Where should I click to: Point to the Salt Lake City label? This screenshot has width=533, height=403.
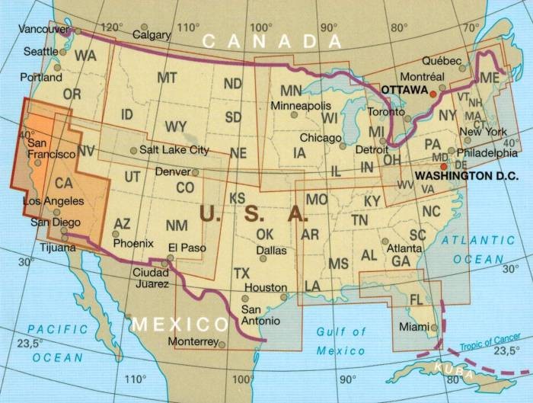coord(174,150)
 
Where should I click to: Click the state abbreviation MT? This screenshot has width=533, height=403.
coord(166,78)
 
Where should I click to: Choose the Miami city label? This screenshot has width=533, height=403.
coord(413,327)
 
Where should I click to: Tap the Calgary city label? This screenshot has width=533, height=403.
coord(152,34)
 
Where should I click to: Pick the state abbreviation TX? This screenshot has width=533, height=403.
coord(241,273)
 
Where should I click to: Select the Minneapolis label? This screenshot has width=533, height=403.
coord(302,104)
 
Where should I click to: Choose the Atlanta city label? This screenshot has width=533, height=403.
coord(404,248)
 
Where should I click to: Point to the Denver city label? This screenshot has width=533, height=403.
coord(172,172)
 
